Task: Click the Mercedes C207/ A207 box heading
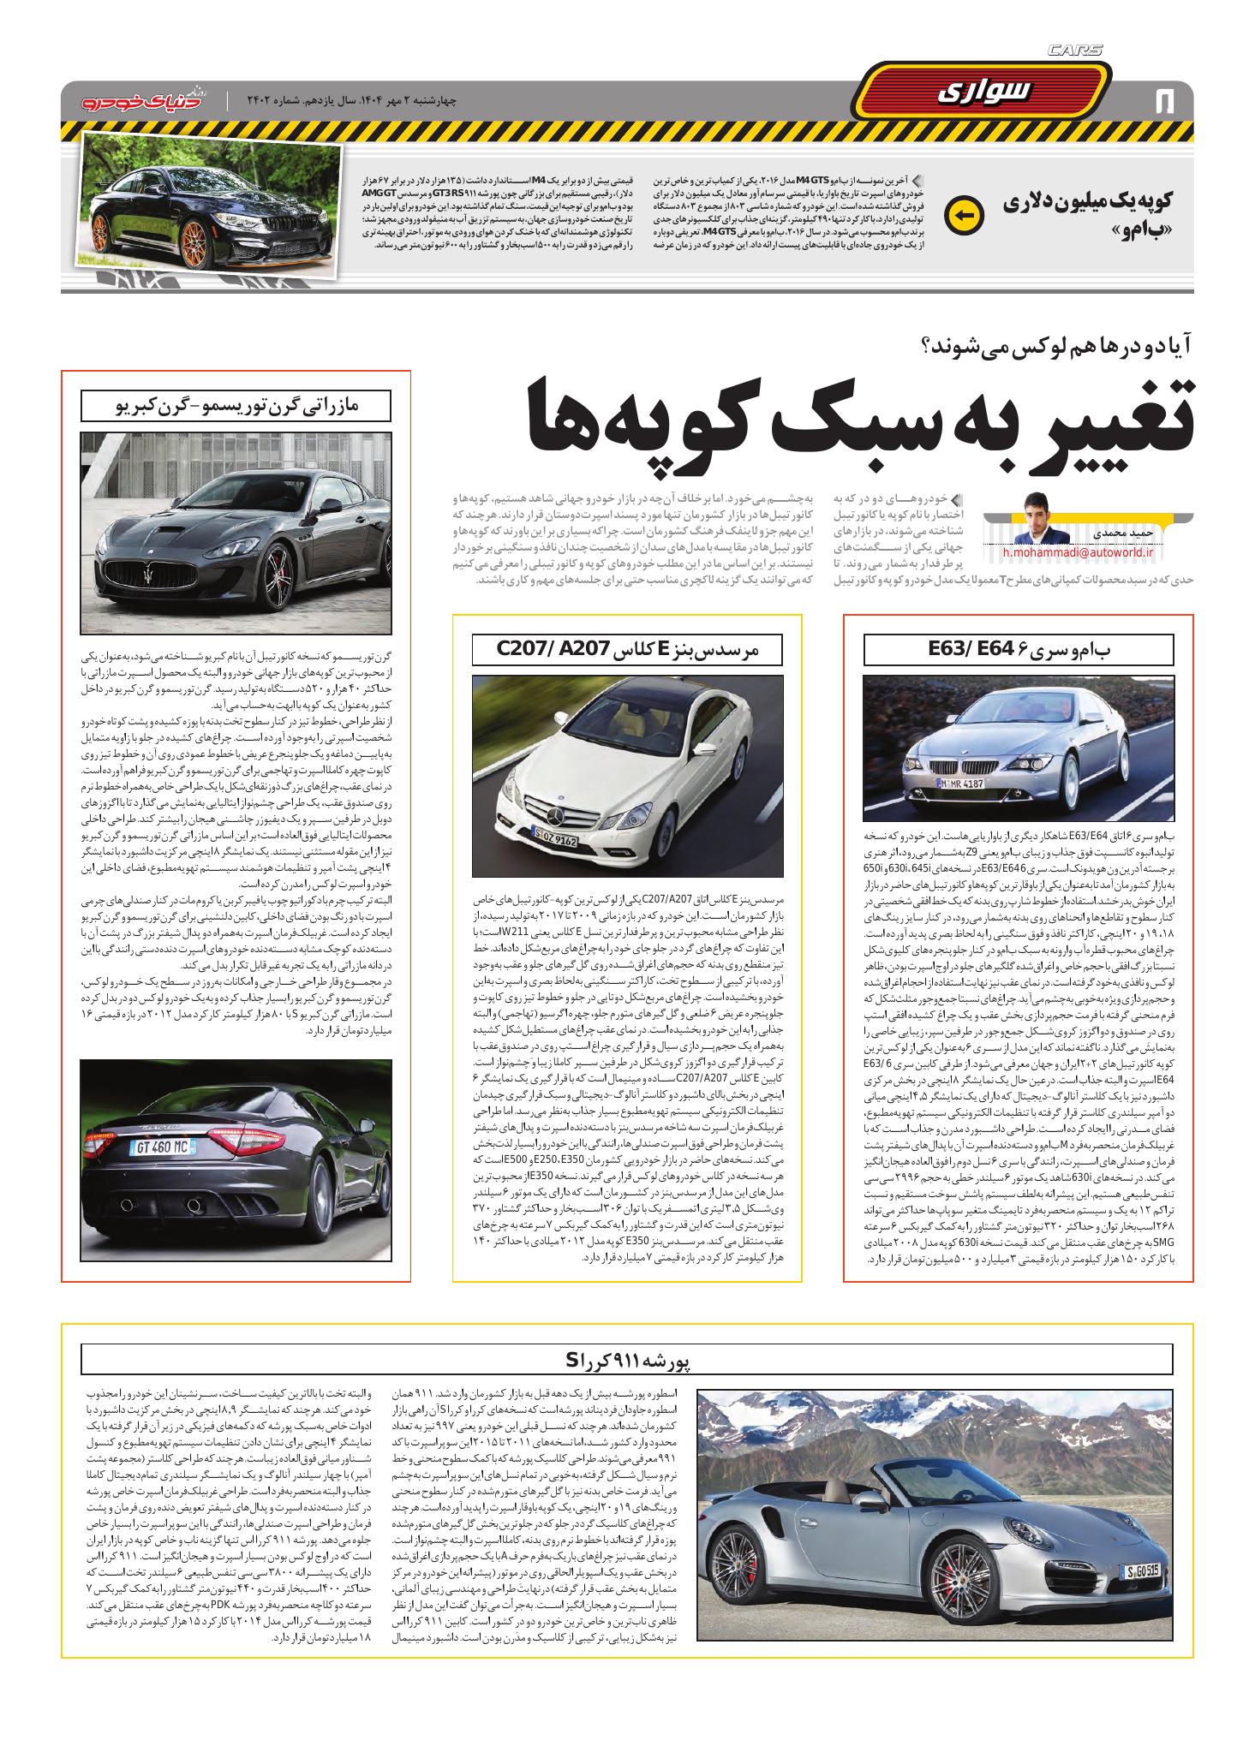click(x=627, y=649)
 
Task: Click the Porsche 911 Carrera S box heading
click(x=626, y=1383)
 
